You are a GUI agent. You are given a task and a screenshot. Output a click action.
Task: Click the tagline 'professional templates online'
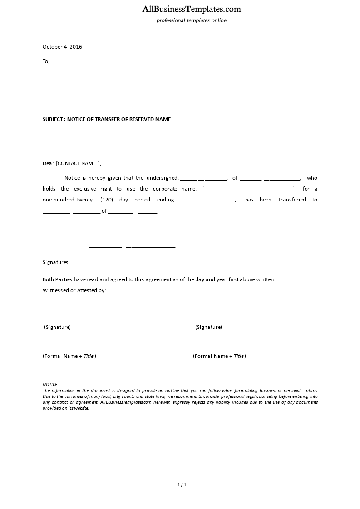pyautogui.click(x=192, y=20)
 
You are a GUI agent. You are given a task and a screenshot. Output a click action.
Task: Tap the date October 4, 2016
pyautogui.click(x=62, y=47)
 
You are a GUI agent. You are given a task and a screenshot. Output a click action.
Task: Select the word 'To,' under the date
pyautogui.click(x=46, y=61)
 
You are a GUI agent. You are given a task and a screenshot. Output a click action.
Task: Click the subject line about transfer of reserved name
pyautogui.click(x=107, y=119)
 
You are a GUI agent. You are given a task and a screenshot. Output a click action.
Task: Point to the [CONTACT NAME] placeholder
pyautogui.click(x=78, y=163)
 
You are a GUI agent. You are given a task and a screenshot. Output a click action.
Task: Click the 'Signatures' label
pyautogui.click(x=55, y=262)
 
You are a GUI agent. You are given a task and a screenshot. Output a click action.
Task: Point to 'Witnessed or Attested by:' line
pyautogui.click(x=74, y=290)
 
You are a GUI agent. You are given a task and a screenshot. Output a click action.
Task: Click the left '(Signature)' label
pyautogui.click(x=57, y=327)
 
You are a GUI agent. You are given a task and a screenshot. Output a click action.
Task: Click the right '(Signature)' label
pyautogui.click(x=208, y=327)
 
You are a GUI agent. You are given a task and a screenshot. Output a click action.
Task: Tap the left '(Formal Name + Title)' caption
pyautogui.click(x=69, y=356)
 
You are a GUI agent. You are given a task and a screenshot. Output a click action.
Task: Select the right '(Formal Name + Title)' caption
pyautogui.click(x=219, y=356)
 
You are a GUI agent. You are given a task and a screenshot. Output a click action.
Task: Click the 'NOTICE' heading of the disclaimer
pyautogui.click(x=50, y=384)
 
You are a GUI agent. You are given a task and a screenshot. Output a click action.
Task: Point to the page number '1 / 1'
pyautogui.click(x=182, y=485)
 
